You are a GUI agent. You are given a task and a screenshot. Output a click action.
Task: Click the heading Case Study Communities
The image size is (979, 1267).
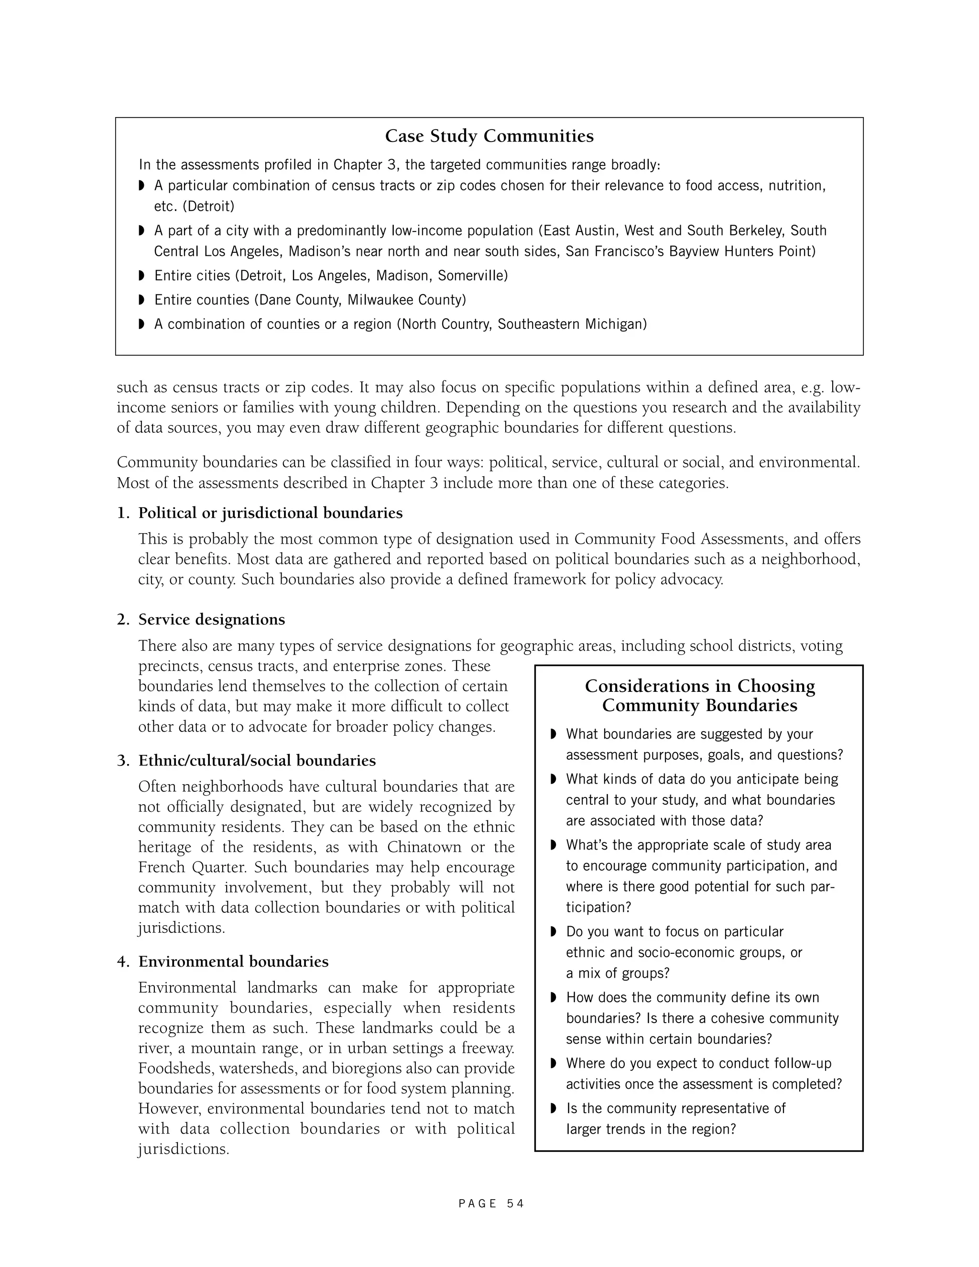click(x=489, y=136)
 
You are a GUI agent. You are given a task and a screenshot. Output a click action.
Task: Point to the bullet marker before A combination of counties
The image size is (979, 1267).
click(x=141, y=324)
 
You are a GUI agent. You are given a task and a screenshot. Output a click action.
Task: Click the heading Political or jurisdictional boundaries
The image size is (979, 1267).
click(x=270, y=513)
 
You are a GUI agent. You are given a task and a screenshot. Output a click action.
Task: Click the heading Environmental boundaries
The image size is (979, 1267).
click(x=233, y=962)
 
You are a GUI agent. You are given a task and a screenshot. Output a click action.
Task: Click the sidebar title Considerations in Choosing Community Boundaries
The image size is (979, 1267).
click(x=699, y=696)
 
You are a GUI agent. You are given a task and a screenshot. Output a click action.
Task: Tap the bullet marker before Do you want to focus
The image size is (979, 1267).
click(x=553, y=932)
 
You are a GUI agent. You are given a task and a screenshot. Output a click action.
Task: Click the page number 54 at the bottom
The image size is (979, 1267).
click(x=515, y=1204)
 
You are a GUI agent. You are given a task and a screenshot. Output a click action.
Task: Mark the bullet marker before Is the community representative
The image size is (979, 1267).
click(x=553, y=1109)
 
